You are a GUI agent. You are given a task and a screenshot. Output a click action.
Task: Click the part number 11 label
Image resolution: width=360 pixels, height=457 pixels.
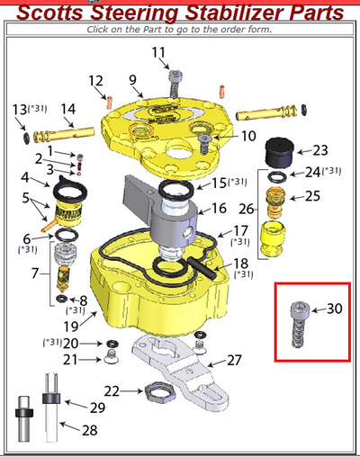pos(159,52)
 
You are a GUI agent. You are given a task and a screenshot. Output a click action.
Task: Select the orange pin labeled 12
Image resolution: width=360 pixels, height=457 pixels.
pos(109,100)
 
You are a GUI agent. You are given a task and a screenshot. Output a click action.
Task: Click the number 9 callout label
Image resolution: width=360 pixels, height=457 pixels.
pos(132,80)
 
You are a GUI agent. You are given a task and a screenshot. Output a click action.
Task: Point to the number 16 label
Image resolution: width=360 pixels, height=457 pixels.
pos(219,208)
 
